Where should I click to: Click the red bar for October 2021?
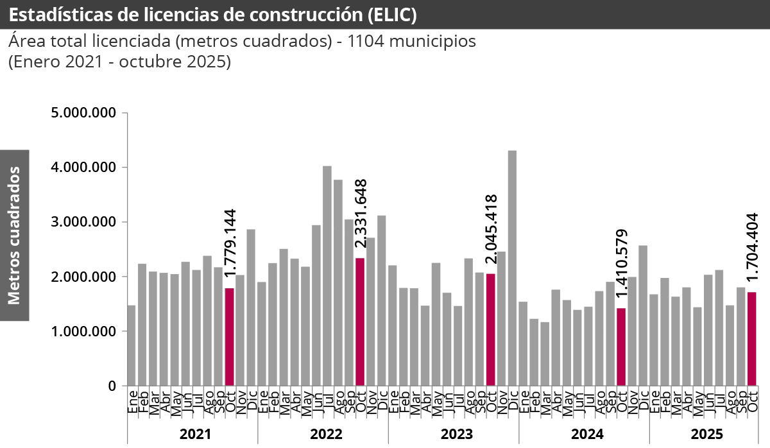pyautogui.click(x=229, y=337)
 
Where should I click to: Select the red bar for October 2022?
pyautogui.click(x=360, y=322)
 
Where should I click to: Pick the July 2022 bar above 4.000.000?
pyautogui.click(x=327, y=276)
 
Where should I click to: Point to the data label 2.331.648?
pyautogui.click(x=361, y=213)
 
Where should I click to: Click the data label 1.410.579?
pyautogui.click(x=621, y=263)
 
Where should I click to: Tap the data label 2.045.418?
pyautogui.click(x=492, y=228)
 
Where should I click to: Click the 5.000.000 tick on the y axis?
pyautogui.click(x=84, y=113)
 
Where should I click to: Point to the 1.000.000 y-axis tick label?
pyautogui.click(x=84, y=332)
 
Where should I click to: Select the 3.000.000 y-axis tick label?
pyautogui.click(x=84, y=222)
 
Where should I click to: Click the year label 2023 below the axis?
pyautogui.click(x=456, y=434)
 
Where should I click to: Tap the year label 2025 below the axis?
pyautogui.click(x=706, y=434)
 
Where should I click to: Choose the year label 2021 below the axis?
pyautogui.click(x=196, y=434)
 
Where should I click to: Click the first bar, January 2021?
pyautogui.click(x=132, y=346)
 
